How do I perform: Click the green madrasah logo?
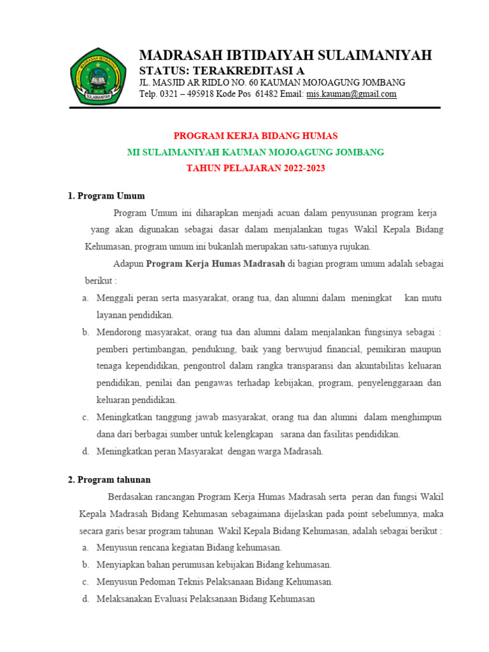point(97,76)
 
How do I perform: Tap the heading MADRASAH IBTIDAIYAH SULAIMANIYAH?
point(285,55)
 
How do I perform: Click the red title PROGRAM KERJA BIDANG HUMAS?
point(256,136)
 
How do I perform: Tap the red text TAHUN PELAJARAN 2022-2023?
point(256,169)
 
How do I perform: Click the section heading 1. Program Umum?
point(106,195)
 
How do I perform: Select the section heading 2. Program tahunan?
point(110,479)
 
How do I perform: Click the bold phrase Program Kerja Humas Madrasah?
point(216,263)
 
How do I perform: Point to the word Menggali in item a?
point(115,298)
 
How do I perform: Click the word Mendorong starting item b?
point(117,332)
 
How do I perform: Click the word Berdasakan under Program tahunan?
point(131,497)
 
